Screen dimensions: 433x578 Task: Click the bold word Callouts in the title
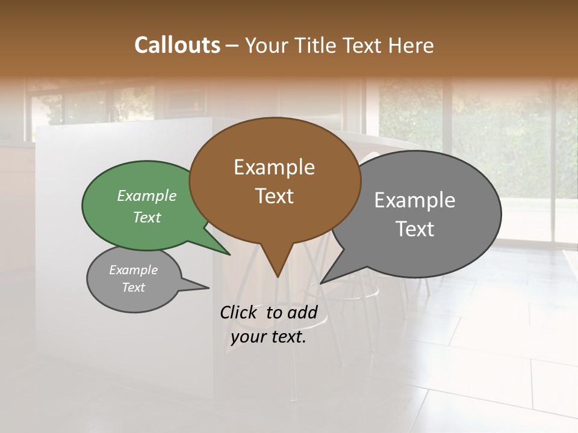click(177, 45)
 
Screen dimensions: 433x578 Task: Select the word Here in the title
click(412, 45)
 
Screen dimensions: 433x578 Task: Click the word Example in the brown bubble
click(274, 167)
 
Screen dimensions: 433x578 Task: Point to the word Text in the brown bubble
click(274, 196)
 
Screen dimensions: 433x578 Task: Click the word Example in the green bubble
click(147, 195)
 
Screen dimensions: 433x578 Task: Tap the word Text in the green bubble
click(147, 217)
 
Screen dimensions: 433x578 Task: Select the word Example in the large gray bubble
click(415, 200)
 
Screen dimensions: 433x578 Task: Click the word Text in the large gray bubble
click(415, 229)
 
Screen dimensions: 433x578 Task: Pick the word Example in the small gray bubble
click(133, 270)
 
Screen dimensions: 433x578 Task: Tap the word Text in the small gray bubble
click(133, 287)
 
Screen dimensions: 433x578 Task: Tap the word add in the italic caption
click(302, 312)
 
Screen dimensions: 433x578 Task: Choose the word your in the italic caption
click(247, 337)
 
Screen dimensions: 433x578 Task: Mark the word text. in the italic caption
click(287, 337)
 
